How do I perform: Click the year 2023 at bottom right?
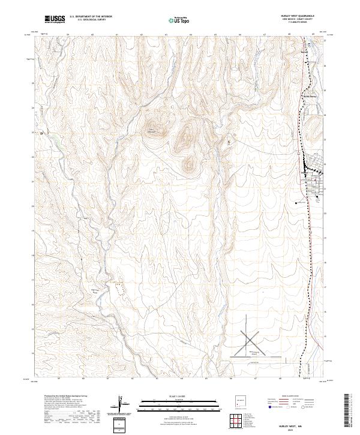coord(292,430)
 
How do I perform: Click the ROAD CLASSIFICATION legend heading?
coord(291,397)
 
